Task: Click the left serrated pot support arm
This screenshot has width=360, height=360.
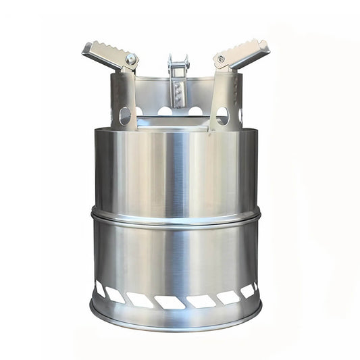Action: (x=108, y=55)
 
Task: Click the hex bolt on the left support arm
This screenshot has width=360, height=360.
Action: (x=130, y=59)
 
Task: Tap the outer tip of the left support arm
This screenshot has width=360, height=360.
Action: (x=86, y=48)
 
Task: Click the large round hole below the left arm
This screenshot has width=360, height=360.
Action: (x=125, y=115)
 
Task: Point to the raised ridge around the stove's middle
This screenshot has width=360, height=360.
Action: (x=176, y=218)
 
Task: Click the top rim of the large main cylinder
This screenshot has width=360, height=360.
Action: (x=176, y=128)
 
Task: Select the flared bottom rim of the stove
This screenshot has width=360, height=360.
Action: (x=176, y=315)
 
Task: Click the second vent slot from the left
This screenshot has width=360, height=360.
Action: (x=114, y=295)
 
